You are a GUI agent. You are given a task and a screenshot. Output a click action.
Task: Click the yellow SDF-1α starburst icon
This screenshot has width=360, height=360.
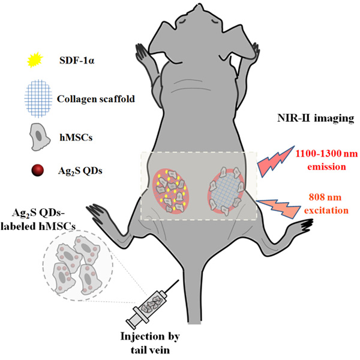(x=35, y=60)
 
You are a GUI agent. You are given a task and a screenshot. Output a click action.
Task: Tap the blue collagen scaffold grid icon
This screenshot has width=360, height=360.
(x=38, y=98)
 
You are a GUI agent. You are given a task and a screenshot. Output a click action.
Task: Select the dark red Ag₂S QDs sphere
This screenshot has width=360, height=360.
(x=37, y=170)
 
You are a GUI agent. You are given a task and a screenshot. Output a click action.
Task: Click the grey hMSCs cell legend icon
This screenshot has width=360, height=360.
(x=39, y=137)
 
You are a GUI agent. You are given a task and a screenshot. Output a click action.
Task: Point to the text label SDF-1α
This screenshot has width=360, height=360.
(x=77, y=61)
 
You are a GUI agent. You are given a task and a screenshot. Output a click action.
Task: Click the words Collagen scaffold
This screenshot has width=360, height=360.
(x=96, y=99)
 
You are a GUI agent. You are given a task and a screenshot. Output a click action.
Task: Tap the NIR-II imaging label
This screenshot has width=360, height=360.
(x=316, y=118)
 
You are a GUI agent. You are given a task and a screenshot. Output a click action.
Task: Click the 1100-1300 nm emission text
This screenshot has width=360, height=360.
(x=326, y=160)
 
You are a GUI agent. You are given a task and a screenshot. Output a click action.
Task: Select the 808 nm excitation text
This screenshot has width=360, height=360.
(x=326, y=203)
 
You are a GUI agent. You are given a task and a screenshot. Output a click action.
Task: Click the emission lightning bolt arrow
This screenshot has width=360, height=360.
(x=275, y=161)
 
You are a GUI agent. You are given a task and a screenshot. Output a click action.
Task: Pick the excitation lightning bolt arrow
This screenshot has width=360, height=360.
(x=278, y=208)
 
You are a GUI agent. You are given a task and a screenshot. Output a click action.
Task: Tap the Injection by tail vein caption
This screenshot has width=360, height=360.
(x=150, y=343)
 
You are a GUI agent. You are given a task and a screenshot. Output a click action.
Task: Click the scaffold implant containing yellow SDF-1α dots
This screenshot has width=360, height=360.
(x=171, y=191)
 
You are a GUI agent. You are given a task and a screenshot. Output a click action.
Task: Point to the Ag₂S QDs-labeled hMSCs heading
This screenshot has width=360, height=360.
(x=38, y=220)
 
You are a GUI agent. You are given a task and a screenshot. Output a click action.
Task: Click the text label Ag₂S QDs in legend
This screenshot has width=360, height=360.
(x=80, y=171)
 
